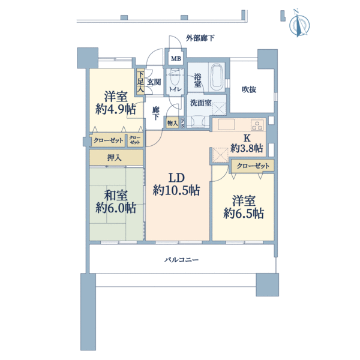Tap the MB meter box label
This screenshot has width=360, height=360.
pos(176,59)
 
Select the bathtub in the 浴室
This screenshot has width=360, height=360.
pos(217,77)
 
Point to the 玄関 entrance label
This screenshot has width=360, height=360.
pos(154,82)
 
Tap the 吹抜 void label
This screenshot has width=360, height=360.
pos(249,89)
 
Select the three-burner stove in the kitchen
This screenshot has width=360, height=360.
pos(257,125)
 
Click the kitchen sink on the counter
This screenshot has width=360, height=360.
pos(226,125)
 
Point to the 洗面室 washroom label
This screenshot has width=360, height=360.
pos(200,103)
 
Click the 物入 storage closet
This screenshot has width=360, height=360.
pos(172,123)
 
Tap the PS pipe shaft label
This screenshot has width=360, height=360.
pos(182,123)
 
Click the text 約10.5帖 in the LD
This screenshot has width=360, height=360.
pos(176,190)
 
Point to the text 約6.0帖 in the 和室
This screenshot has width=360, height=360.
pos(116,208)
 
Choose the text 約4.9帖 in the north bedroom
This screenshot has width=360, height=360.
pos(116,109)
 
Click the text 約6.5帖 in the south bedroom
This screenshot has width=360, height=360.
pos(244,213)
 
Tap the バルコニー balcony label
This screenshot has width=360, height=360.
pos(181,260)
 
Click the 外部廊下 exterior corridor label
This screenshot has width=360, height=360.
pos(200,38)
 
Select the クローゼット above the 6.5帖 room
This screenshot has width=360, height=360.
pos(253,166)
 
